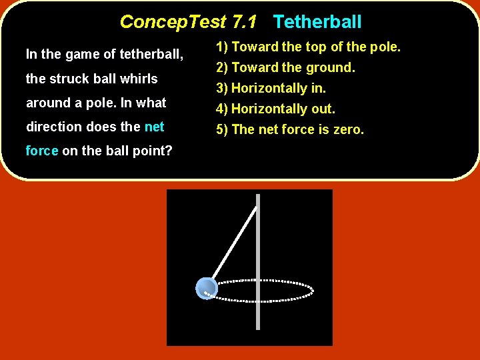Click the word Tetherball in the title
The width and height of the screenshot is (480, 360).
317,22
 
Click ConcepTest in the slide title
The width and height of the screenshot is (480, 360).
173,22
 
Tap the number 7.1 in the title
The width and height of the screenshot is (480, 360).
244,22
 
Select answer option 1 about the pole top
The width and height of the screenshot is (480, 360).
307,47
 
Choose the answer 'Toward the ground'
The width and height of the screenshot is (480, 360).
285,67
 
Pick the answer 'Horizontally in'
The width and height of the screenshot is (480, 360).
270,88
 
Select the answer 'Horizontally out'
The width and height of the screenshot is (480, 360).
275,109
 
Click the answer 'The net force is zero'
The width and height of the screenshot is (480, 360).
289,129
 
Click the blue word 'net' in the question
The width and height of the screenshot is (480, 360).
154,127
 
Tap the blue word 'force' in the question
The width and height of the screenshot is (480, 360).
42,151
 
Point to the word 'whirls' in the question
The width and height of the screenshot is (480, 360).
139,79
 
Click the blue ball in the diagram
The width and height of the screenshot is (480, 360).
206,288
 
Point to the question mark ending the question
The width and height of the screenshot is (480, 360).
169,151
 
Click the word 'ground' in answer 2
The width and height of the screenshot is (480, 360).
330,67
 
